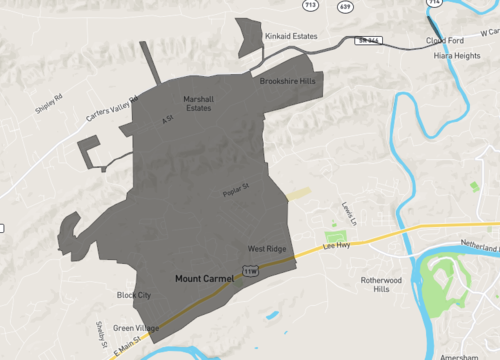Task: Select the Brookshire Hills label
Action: click(287, 81)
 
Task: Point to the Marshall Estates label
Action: click(198, 103)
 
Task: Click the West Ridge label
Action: click(267, 248)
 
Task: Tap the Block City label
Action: click(133, 295)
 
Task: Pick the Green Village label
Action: click(135, 328)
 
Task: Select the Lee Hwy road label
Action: click(335, 244)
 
